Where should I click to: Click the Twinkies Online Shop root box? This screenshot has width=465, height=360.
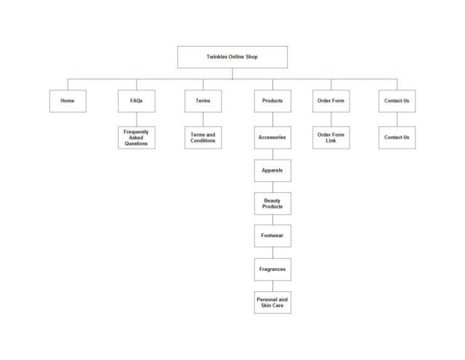click(232, 57)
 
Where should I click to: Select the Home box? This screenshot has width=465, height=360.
click(68, 101)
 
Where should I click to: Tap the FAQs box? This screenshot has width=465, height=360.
click(136, 101)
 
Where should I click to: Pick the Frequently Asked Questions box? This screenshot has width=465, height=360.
click(136, 138)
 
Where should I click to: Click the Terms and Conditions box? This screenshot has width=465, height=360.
click(203, 138)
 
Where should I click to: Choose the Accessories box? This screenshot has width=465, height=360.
click(272, 138)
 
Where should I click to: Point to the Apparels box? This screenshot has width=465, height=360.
click(272, 170)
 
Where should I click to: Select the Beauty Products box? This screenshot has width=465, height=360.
click(272, 204)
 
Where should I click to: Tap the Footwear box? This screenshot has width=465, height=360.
click(272, 236)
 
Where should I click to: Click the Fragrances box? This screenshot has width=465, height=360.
click(272, 269)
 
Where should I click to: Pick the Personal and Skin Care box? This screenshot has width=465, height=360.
click(272, 302)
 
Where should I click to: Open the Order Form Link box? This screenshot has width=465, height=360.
click(331, 138)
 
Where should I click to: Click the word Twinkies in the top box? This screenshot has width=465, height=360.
click(217, 57)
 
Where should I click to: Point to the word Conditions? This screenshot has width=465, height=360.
click(203, 141)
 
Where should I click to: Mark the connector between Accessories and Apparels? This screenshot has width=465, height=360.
click(273, 154)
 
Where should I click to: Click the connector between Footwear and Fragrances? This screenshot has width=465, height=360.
click(273, 253)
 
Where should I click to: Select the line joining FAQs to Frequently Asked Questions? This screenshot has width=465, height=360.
click(137, 119)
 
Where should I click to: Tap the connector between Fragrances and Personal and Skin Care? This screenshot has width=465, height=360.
click(273, 286)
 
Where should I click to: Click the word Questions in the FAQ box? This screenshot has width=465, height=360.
click(136, 144)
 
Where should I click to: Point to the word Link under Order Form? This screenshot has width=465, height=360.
click(331, 141)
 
